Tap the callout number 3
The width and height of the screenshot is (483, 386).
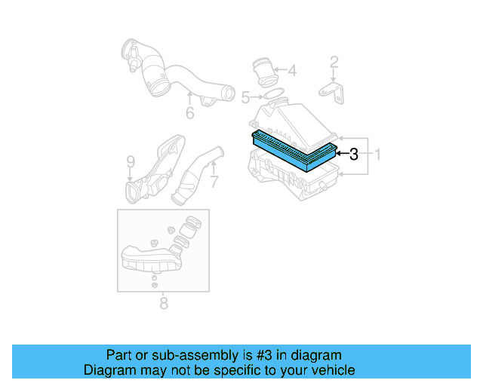tap(353, 154)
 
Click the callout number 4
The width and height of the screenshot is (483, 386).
tap(292, 72)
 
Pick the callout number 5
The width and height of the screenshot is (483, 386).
tap(245, 97)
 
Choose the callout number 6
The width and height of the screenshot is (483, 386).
tap(190, 113)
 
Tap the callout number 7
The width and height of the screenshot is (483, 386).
tap(214, 182)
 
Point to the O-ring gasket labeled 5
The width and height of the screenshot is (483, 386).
tap(274, 96)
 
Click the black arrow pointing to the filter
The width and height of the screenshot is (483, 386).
tap(340, 154)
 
